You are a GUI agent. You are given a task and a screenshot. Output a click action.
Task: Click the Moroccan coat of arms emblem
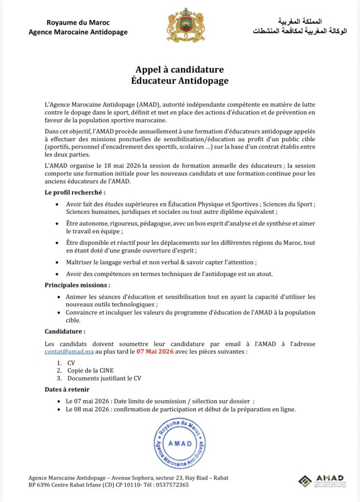click(x=185, y=25)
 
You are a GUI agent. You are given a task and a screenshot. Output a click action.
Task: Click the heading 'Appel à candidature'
click(x=180, y=70)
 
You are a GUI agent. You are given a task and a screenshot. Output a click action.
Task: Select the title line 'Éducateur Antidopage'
click(x=180, y=80)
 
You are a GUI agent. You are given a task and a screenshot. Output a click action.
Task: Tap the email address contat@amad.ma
click(x=69, y=351)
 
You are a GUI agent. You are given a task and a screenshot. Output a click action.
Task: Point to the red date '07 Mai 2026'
click(x=154, y=351)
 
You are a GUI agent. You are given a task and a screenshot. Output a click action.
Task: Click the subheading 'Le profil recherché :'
click(x=75, y=192)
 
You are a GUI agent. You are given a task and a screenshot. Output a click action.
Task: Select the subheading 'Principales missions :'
click(x=77, y=285)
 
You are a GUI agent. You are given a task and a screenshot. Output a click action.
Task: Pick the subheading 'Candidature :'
click(x=65, y=331)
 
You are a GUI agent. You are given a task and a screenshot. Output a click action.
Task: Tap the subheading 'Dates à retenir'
click(x=67, y=389)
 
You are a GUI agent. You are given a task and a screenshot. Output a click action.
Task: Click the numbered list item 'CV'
click(x=71, y=363)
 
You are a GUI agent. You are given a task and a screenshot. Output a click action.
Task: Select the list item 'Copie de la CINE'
click(x=90, y=371)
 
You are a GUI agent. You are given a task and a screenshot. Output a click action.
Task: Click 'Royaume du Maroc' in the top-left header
click(x=78, y=23)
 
